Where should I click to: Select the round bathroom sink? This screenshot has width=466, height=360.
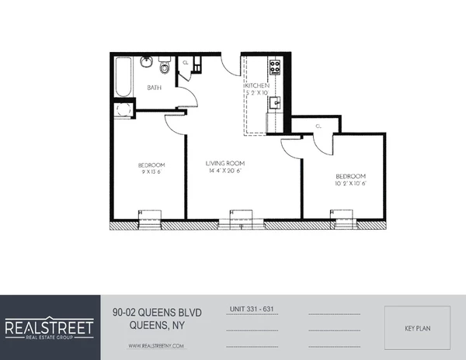click(x=145, y=62)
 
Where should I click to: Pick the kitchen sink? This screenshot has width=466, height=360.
click(x=274, y=102)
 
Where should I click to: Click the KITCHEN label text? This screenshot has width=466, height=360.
click(x=257, y=85)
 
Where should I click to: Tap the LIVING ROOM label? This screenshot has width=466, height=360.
click(x=225, y=163)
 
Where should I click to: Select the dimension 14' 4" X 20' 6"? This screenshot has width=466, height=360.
click(x=225, y=172)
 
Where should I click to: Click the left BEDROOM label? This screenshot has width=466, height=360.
click(x=151, y=164)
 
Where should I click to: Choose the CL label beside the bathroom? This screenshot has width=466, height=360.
click(x=185, y=63)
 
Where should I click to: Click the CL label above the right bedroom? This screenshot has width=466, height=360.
click(x=318, y=125)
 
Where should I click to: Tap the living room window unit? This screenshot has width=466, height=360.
click(x=240, y=220)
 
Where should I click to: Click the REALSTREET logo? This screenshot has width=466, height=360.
click(x=50, y=327)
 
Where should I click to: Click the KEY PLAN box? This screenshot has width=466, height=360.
click(x=418, y=328)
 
